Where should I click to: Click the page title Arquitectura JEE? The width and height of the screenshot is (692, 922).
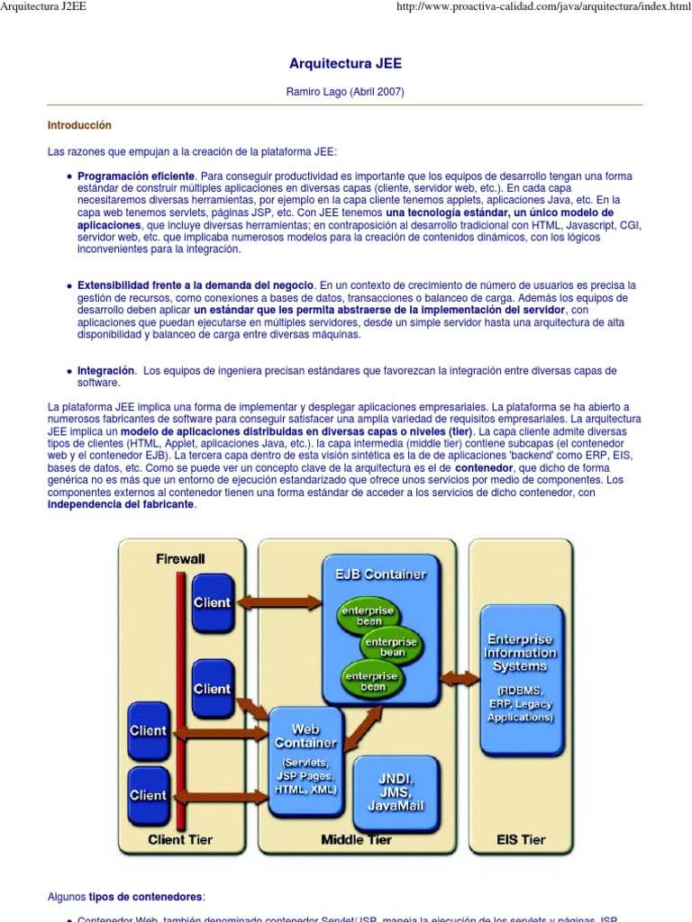pyautogui.click(x=345, y=64)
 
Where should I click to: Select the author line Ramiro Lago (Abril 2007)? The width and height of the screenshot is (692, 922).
pyautogui.click(x=345, y=92)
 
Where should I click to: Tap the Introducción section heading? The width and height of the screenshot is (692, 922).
pyautogui.click(x=79, y=125)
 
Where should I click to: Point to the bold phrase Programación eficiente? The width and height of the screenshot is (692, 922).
pyautogui.click(x=136, y=176)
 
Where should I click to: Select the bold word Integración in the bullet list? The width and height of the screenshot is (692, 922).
pyautogui.click(x=106, y=370)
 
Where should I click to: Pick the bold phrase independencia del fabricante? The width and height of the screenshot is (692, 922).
pyautogui.click(x=121, y=504)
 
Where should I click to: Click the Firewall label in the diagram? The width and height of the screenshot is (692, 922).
pyautogui.click(x=180, y=558)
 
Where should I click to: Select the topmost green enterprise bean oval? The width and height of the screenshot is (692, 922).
pyautogui.click(x=366, y=617)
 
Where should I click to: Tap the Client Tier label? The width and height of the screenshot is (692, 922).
pyautogui.click(x=180, y=840)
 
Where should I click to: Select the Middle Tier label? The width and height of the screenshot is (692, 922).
pyautogui.click(x=357, y=840)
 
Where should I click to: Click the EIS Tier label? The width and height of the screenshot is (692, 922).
pyautogui.click(x=521, y=840)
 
